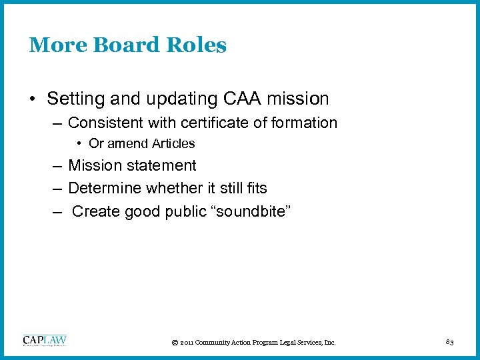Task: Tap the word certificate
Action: point(220,123)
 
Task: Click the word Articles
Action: point(172,143)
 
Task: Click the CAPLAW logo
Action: point(45,341)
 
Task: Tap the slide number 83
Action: point(449,342)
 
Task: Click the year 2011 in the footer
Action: point(187,343)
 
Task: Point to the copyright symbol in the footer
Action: point(175,343)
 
